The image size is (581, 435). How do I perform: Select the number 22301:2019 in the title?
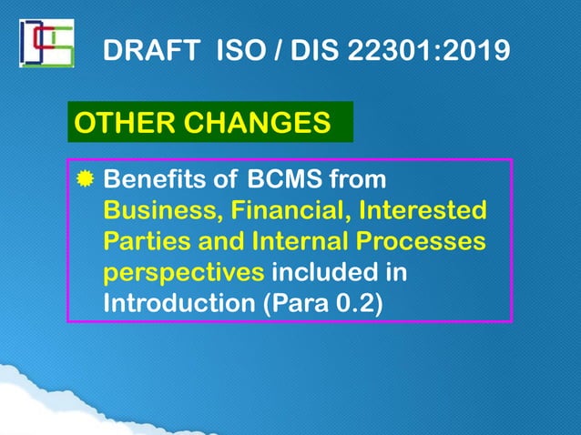[x=427, y=51]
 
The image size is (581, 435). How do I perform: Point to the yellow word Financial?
[x=290, y=211]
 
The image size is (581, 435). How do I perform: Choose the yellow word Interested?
[x=422, y=211]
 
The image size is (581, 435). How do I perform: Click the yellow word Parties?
[x=145, y=242]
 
